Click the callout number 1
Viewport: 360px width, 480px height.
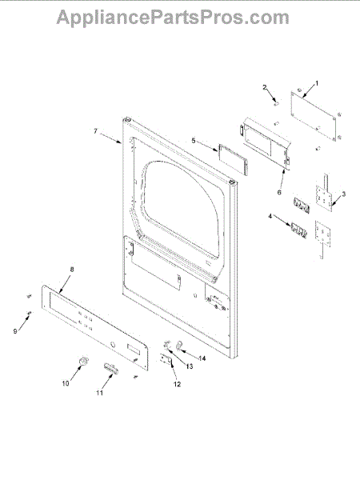coord(317,83)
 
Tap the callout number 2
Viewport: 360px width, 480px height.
coord(265,87)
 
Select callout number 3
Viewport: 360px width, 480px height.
coord(343,194)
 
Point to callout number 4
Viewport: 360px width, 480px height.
coord(270,216)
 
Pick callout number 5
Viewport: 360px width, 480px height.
coord(193,141)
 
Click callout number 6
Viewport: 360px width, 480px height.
coord(279,193)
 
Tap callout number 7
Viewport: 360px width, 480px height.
coord(95,131)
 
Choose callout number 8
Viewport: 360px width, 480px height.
coord(72,270)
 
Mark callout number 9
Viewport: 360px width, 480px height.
coord(15,331)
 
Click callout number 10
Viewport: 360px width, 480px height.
coord(66,383)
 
